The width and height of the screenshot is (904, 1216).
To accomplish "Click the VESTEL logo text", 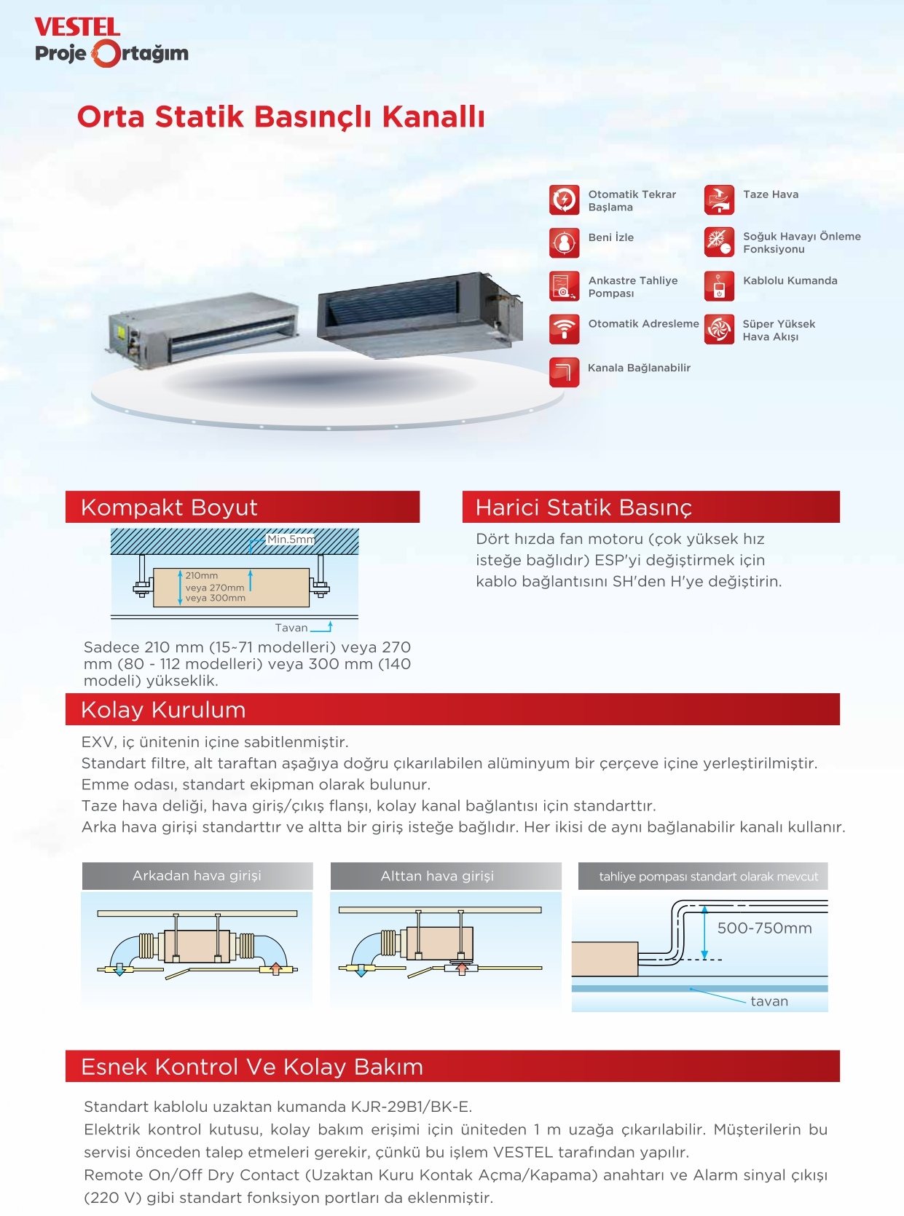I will coord(77,28).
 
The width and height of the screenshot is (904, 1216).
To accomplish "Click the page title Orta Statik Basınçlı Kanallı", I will coord(280,117).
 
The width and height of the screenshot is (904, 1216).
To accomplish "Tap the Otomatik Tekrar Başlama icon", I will coord(564,200).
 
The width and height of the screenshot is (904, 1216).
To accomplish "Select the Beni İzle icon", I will coord(564,243).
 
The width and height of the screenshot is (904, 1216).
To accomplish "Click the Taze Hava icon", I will coord(719,200).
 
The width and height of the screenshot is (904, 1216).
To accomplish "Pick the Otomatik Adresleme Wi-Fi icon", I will coord(564,329).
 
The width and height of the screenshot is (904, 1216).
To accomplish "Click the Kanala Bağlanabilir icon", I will coord(564,372).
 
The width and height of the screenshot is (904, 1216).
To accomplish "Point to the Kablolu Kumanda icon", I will coord(719,286).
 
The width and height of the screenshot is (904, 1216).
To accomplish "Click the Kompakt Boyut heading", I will coord(169,508).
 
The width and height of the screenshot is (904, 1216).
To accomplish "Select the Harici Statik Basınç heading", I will coord(583,508).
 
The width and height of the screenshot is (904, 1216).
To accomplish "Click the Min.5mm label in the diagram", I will coord(291,540).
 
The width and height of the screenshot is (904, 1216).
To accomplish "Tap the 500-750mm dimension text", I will coord(764,928).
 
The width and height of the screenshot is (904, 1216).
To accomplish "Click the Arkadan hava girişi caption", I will coord(197,876).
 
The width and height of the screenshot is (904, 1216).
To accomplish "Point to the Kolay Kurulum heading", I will coord(163,710).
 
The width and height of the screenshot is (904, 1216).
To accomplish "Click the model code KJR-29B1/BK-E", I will coord(412,1107).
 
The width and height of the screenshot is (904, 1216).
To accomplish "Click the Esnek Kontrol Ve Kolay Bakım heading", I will coord(252,1067).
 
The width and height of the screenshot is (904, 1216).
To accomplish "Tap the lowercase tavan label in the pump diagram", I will coord(769,1002).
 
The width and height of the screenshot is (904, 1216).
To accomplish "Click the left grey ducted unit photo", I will coord(202,328).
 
